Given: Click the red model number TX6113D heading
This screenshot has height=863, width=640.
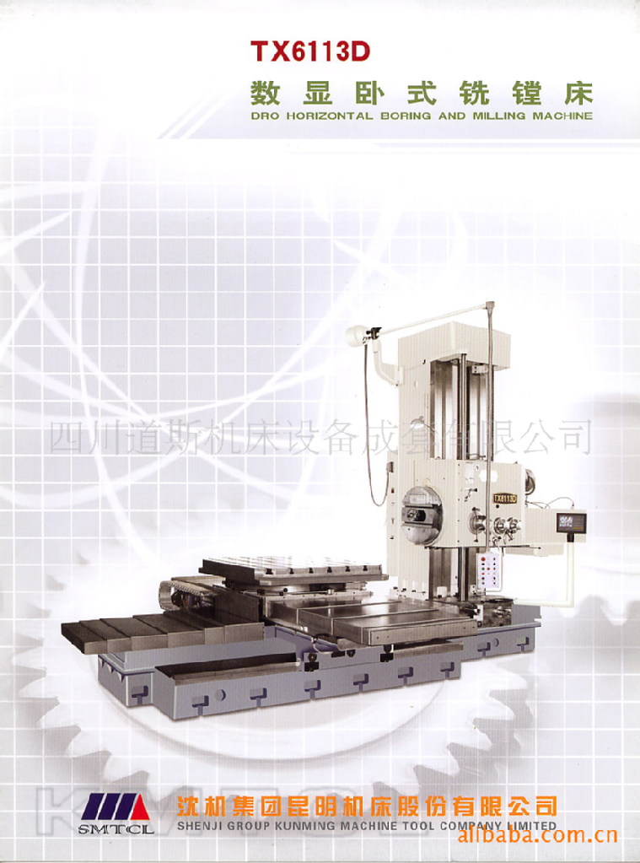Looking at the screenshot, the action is [x=309, y=51].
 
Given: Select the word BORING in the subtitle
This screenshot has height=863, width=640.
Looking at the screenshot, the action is [x=406, y=116].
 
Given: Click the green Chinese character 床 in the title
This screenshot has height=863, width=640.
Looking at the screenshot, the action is [x=578, y=93].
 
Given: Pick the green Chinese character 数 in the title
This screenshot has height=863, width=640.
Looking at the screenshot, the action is [x=266, y=93].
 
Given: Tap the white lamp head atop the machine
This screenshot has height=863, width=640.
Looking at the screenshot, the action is [x=356, y=335].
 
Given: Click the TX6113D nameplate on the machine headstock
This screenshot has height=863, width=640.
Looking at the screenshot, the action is [x=505, y=498].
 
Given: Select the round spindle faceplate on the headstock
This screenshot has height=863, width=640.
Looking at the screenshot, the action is [x=422, y=515].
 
